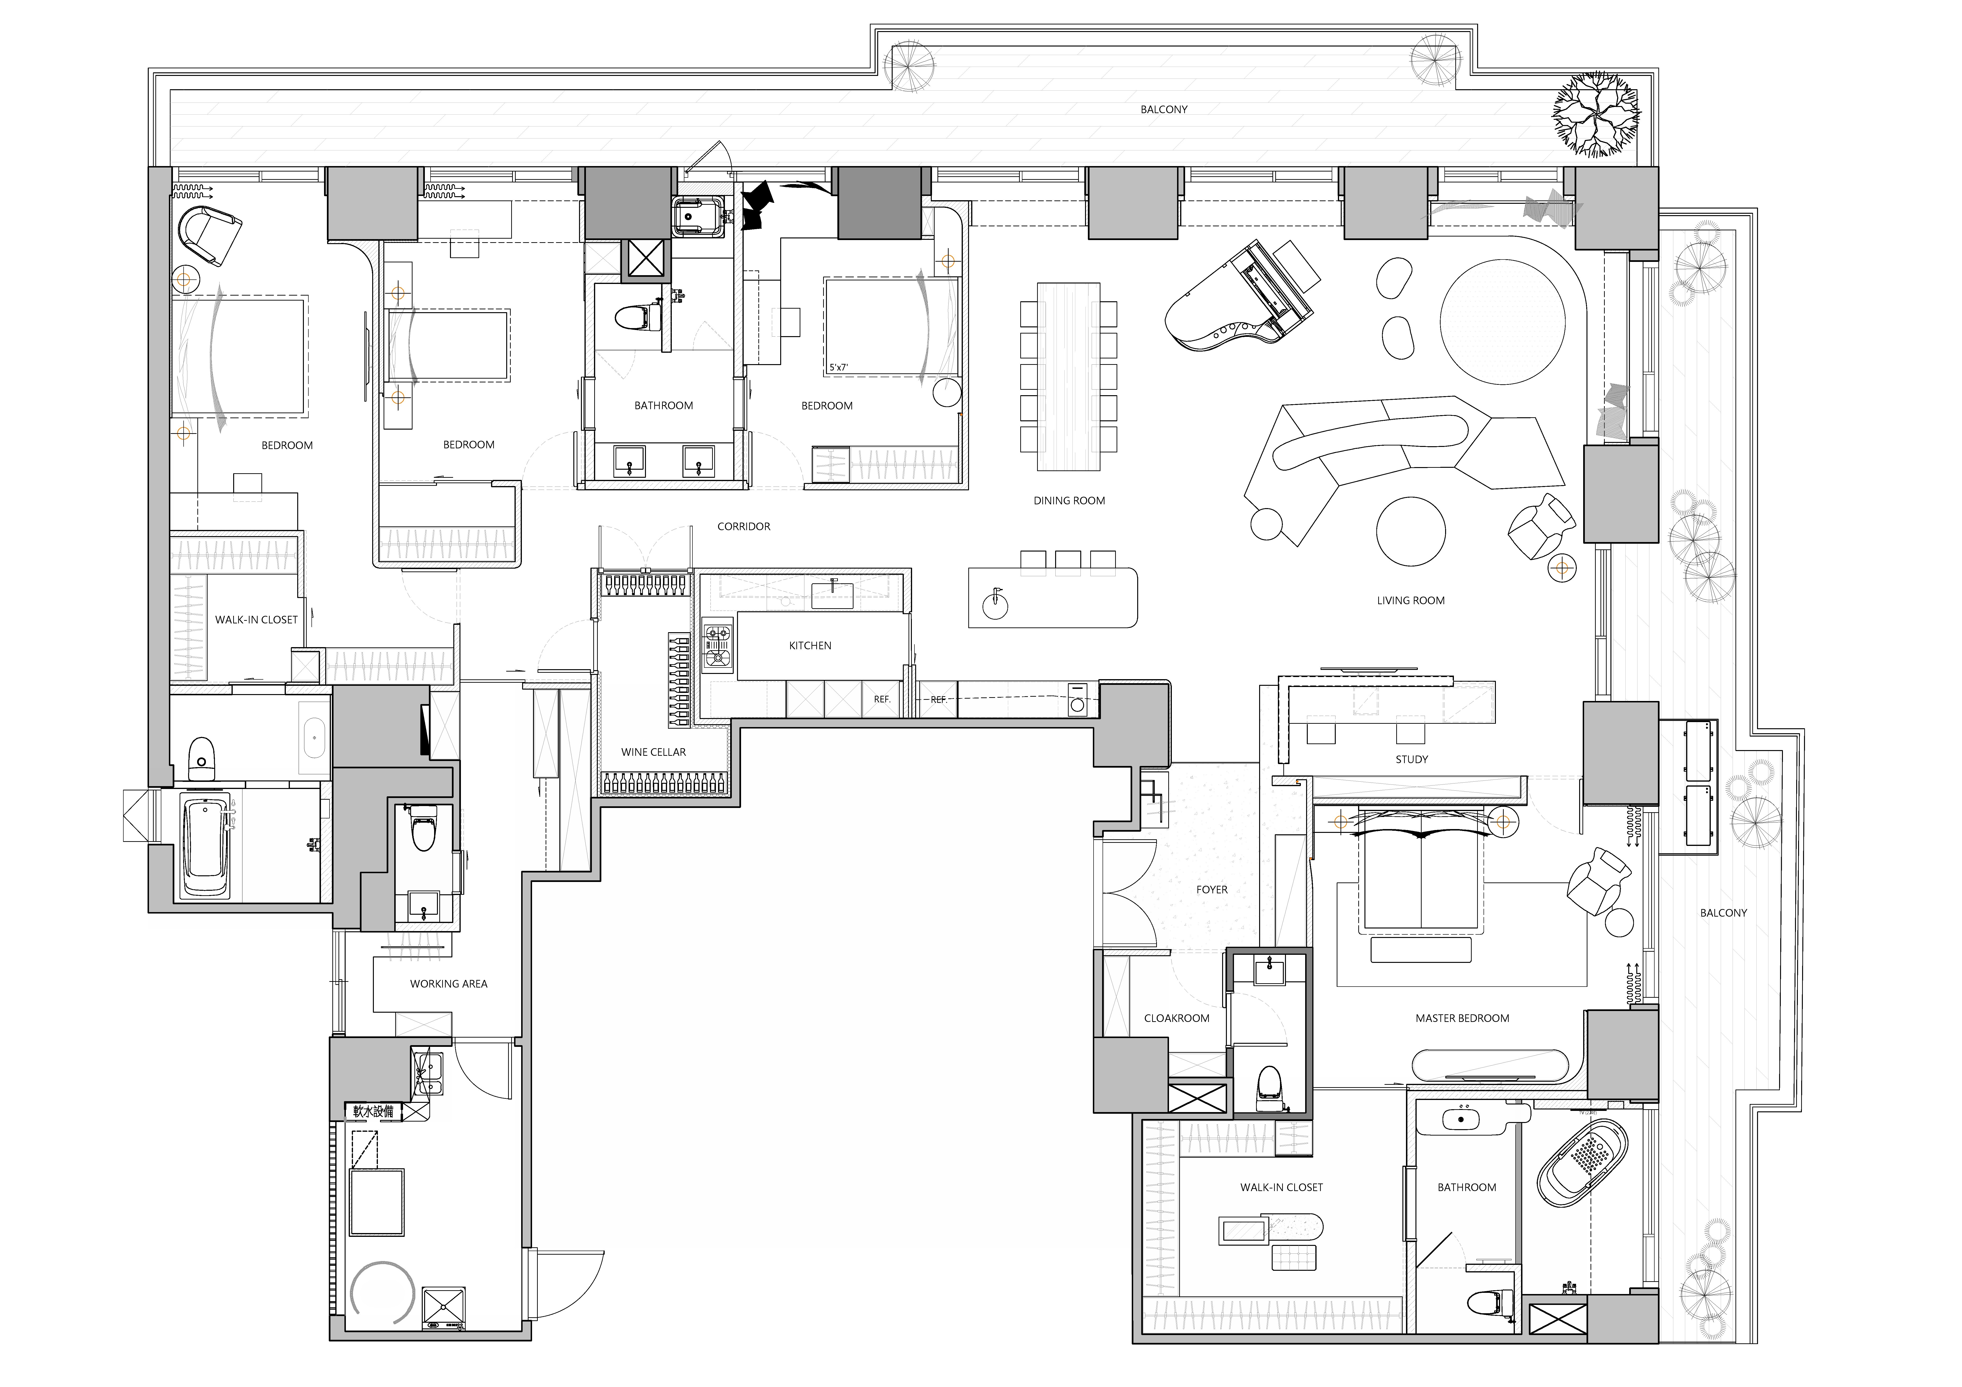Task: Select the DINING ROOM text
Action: (1069, 501)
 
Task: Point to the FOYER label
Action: (1212, 890)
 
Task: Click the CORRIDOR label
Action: (743, 526)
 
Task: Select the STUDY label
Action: (1412, 759)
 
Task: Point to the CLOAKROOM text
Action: (1177, 1018)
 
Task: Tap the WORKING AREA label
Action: (449, 984)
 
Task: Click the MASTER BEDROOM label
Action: (1462, 1018)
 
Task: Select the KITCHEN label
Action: (810, 645)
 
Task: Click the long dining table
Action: (1068, 376)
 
